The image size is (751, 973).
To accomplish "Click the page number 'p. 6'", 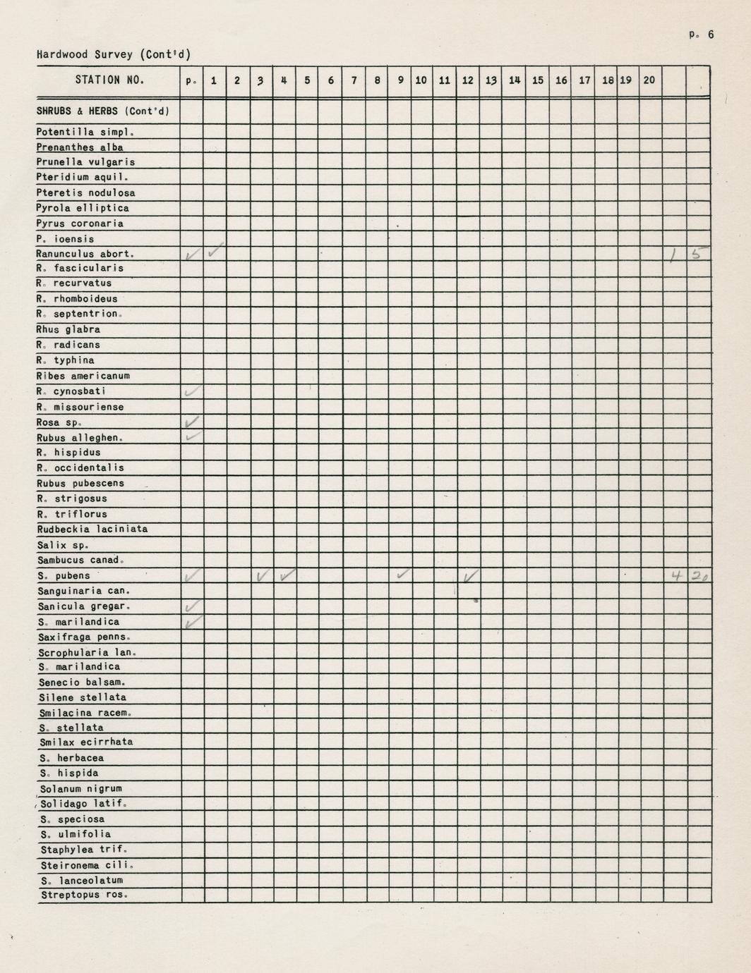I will tap(703, 34).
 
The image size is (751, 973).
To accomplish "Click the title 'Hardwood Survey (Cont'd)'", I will tap(114, 54).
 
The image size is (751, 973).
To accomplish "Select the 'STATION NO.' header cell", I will tap(109, 80).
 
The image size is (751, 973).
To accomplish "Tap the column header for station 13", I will tap(491, 80).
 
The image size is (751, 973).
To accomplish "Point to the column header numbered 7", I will tap(354, 80).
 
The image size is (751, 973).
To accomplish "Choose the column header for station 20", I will tap(649, 80).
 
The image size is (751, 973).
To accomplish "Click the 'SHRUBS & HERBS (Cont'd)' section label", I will tap(103, 111).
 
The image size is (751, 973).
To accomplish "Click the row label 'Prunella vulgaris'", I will tap(85, 162).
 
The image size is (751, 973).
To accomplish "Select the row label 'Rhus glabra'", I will tap(68, 329).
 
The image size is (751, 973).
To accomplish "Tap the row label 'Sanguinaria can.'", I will tap(85, 591).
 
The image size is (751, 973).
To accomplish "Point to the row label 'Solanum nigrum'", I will tap(81, 788).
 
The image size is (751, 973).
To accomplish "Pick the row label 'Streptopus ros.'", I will tap(85, 895).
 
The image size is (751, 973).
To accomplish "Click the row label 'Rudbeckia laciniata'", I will tap(92, 529).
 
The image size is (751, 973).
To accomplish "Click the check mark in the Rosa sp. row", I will tap(191, 422).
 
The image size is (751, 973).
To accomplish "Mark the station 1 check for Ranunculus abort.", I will tap(216, 250).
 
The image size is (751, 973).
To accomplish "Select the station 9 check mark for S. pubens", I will tap(402, 575).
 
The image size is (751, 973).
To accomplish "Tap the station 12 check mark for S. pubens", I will tap(469, 577).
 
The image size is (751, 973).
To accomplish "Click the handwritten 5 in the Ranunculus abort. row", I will tap(698, 255).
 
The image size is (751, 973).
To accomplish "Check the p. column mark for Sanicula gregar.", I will tap(191, 606).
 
